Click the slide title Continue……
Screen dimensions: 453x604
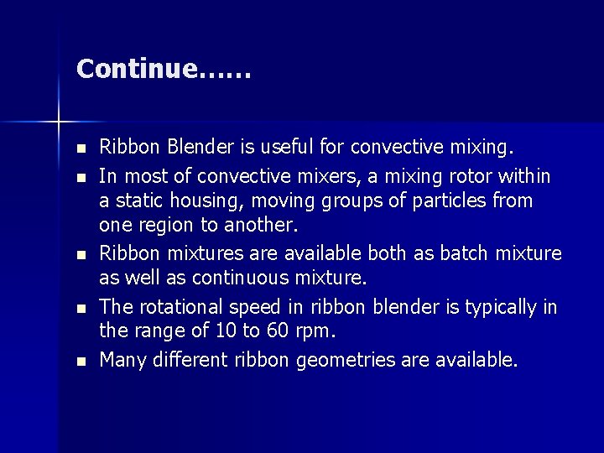click(163, 69)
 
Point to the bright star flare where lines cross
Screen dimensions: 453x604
click(59, 122)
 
